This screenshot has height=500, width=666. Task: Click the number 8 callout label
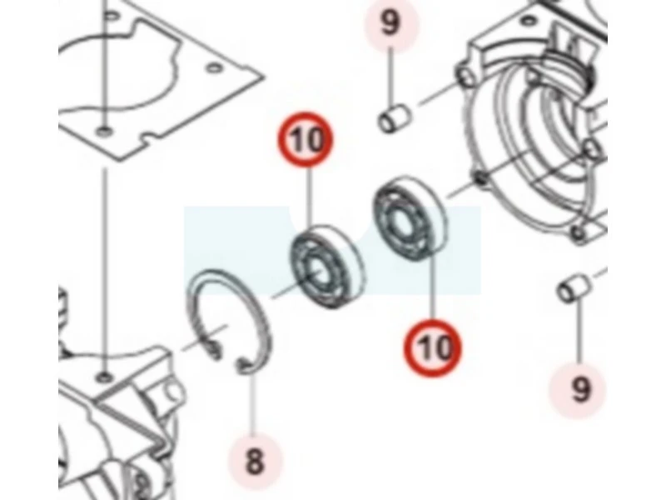click(x=255, y=462)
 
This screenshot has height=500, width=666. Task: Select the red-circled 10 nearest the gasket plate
click(x=306, y=139)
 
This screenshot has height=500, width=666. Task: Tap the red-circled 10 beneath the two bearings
click(x=433, y=348)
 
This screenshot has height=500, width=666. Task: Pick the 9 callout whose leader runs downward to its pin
click(x=390, y=23)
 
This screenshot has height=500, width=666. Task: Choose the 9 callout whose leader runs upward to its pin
click(x=579, y=390)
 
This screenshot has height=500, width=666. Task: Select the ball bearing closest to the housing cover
click(x=410, y=218)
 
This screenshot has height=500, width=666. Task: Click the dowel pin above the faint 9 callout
click(x=574, y=288)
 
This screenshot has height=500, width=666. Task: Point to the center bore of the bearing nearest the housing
click(x=399, y=221)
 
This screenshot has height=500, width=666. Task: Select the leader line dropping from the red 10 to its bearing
click(x=309, y=197)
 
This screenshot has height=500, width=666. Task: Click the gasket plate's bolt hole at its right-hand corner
click(x=214, y=67)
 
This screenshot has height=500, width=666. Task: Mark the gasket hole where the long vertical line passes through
click(x=103, y=131)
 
